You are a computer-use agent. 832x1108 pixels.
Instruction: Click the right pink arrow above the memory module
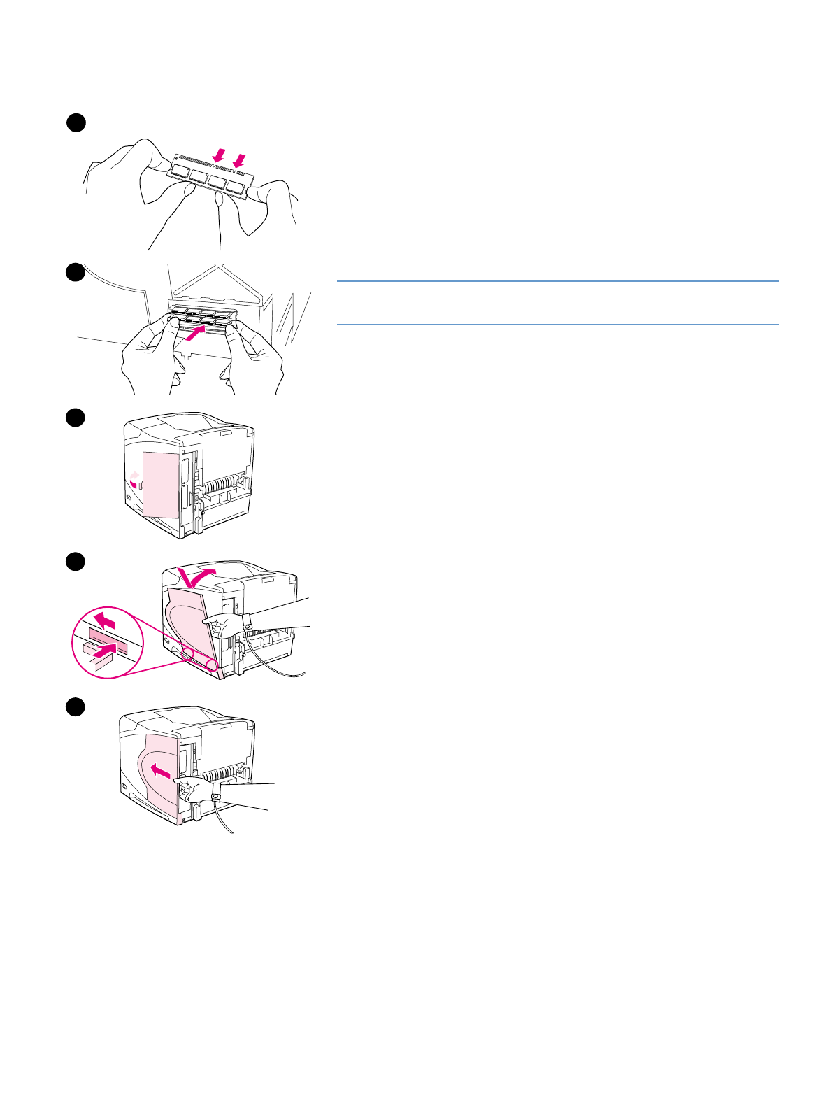240,161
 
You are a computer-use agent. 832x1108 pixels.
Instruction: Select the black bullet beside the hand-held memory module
76,122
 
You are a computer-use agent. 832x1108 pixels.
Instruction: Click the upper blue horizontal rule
557,281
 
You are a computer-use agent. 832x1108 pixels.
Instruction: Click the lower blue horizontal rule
557,325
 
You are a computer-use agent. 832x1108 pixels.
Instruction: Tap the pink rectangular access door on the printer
161,484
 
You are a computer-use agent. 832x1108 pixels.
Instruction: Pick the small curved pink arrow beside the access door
135,478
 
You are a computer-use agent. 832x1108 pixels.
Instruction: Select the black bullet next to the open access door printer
76,418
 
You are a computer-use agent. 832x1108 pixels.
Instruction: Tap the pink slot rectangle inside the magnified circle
107,640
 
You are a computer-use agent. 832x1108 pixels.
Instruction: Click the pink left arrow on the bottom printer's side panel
160,772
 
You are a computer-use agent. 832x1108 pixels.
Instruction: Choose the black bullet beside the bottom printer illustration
76,706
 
